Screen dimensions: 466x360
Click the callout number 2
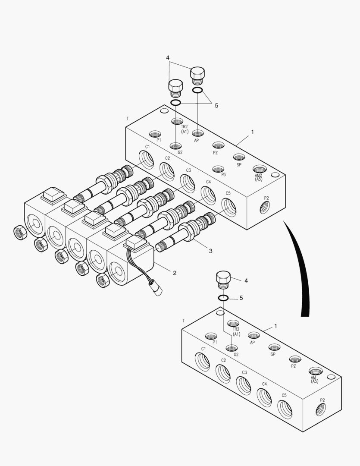[x=175, y=273]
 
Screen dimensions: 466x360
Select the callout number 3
[x=210, y=251]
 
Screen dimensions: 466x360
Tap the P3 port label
[x=223, y=175]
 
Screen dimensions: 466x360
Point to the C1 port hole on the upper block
[x=146, y=159]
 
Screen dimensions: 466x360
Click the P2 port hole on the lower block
[x=321, y=409]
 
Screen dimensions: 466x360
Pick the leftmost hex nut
[x=19, y=233]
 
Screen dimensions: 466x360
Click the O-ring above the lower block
[x=223, y=298]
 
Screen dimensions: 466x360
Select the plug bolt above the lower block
[x=223, y=279]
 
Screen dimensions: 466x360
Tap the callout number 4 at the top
[x=168, y=58]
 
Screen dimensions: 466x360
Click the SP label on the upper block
[x=239, y=165]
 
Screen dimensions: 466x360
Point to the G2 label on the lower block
[x=236, y=355]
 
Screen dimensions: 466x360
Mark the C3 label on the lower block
[x=244, y=372]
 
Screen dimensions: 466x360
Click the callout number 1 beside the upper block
[x=253, y=132]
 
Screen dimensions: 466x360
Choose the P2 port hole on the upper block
[x=263, y=209]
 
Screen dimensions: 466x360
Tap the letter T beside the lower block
[x=184, y=321]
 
